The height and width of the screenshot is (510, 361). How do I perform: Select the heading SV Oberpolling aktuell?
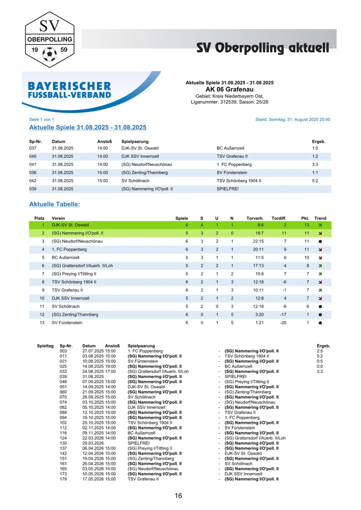click(262, 48)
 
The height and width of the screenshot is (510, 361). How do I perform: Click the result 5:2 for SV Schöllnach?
click(315, 181)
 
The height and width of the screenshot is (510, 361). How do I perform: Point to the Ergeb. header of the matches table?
click(318, 141)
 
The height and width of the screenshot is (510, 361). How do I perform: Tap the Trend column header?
click(320, 219)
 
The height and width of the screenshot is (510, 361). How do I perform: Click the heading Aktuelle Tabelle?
click(54, 204)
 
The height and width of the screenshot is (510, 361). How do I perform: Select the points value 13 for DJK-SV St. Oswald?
click(307, 225)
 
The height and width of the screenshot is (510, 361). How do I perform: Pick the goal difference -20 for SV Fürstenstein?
click(283, 323)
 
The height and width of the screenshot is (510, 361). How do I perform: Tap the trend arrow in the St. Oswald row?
click(320, 225)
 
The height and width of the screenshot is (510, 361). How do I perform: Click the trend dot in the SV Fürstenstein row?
click(320, 323)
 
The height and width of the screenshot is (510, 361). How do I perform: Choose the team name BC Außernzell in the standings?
click(66, 258)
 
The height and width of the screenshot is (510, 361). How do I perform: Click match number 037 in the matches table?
click(33, 148)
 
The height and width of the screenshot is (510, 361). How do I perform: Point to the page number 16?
click(178, 496)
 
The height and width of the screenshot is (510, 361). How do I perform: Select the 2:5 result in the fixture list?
click(319, 351)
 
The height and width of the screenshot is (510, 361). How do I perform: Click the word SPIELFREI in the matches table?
click(228, 189)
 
